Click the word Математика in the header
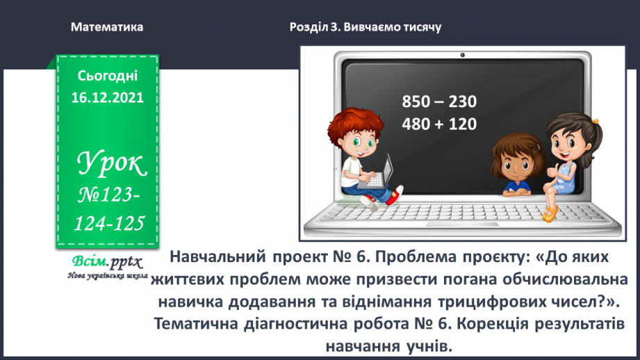click(x=107, y=27)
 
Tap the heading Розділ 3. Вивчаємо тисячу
click(x=365, y=27)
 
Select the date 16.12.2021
click(x=107, y=97)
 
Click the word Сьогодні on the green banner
click(x=107, y=74)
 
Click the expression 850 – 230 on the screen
click(x=439, y=102)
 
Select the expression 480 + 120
click(x=439, y=124)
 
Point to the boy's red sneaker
click(x=395, y=195)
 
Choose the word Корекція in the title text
click(x=491, y=324)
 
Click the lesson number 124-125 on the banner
click(x=111, y=223)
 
